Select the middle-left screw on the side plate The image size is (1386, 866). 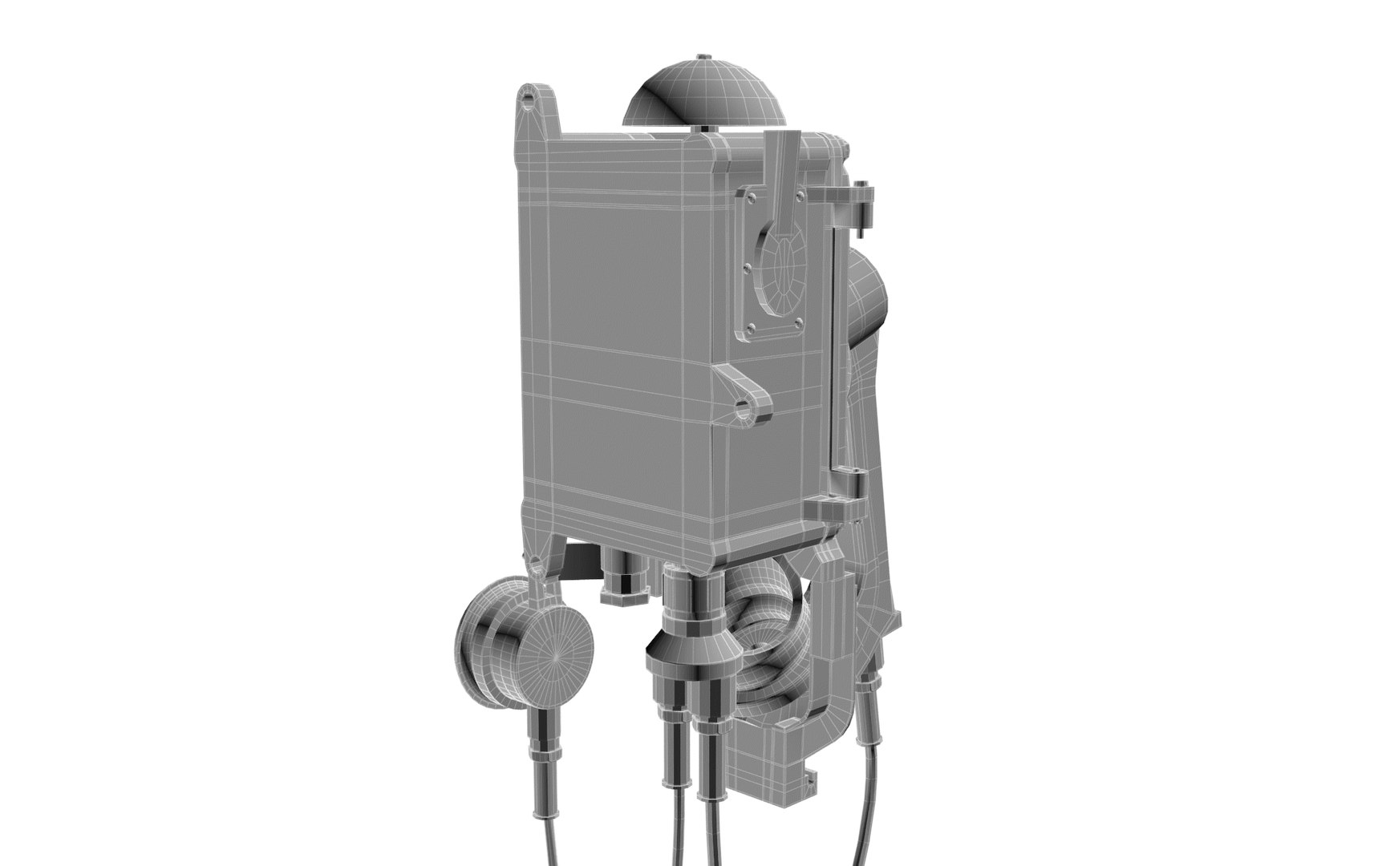[x=748, y=268]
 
